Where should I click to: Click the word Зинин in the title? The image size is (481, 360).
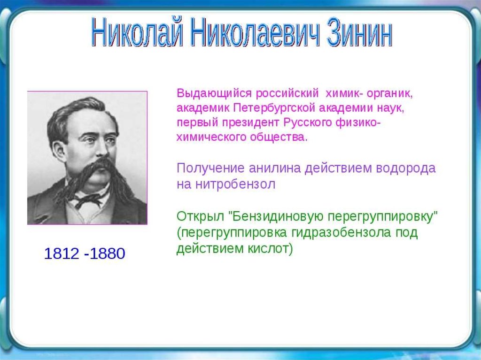[x=360, y=32]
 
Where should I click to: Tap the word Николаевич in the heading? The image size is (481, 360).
[x=255, y=32]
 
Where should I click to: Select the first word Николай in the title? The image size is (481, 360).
[x=138, y=32]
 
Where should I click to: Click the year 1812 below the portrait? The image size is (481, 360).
[x=62, y=253]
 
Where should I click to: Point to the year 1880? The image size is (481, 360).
[x=108, y=253]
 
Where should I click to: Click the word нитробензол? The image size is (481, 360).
[x=235, y=184]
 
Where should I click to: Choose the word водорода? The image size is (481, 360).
[x=405, y=169]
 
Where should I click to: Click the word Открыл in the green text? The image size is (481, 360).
[x=200, y=216]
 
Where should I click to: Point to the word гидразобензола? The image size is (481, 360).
[x=341, y=232]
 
